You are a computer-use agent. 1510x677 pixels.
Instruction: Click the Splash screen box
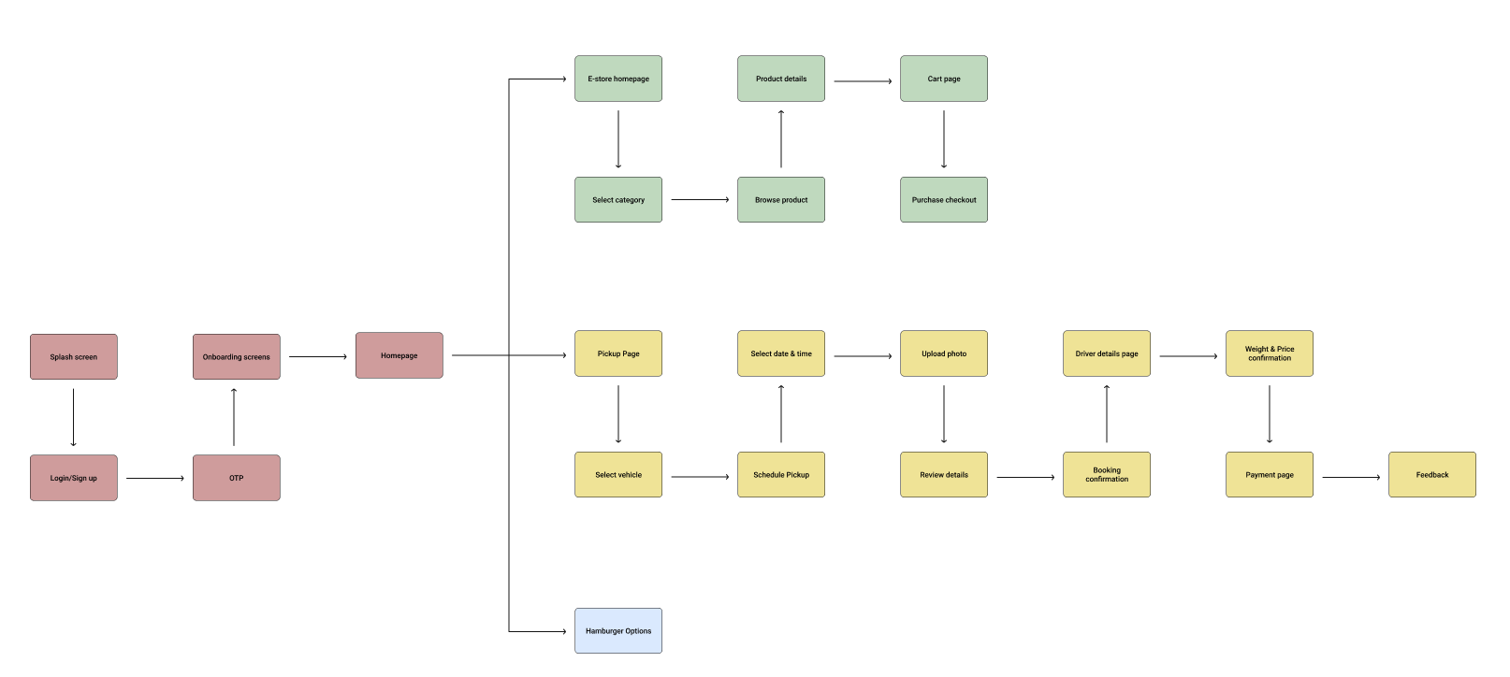pyautogui.click(x=74, y=357)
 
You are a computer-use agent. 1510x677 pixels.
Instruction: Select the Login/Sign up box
pyautogui.click(x=74, y=478)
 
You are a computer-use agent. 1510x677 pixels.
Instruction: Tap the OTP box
pyautogui.click(x=237, y=478)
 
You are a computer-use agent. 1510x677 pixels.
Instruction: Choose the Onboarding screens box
pyautogui.click(x=237, y=357)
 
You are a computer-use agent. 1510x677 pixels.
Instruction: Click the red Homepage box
pyautogui.click(x=399, y=355)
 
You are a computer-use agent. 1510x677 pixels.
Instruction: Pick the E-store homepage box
pyautogui.click(x=618, y=79)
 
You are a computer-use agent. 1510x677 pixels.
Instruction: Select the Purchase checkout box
pyautogui.click(x=944, y=200)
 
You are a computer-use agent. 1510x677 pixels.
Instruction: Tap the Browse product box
pyautogui.click(x=781, y=200)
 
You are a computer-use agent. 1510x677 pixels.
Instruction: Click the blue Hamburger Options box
pyautogui.click(x=618, y=631)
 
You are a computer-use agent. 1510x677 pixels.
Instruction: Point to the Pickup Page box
pyautogui.click(x=618, y=353)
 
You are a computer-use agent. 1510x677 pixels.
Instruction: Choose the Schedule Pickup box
pyautogui.click(x=781, y=475)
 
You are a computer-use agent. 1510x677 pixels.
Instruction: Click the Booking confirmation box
pyautogui.click(x=1107, y=475)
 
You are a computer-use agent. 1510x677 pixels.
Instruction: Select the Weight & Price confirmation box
pyautogui.click(x=1270, y=353)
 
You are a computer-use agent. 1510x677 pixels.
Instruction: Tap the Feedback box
pyautogui.click(x=1432, y=475)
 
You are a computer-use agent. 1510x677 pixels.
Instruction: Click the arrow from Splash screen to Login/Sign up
pyautogui.click(x=73, y=417)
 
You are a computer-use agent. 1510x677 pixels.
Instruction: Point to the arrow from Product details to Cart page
pyautogui.click(x=863, y=81)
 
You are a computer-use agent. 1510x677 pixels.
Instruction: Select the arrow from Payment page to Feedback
pyautogui.click(x=1351, y=477)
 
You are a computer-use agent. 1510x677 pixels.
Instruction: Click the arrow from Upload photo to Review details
pyautogui.click(x=944, y=414)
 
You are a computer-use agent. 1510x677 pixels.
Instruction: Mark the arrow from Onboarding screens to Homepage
pyautogui.click(x=318, y=356)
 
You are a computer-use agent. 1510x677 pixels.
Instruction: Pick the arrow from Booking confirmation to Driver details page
pyautogui.click(x=1107, y=414)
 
